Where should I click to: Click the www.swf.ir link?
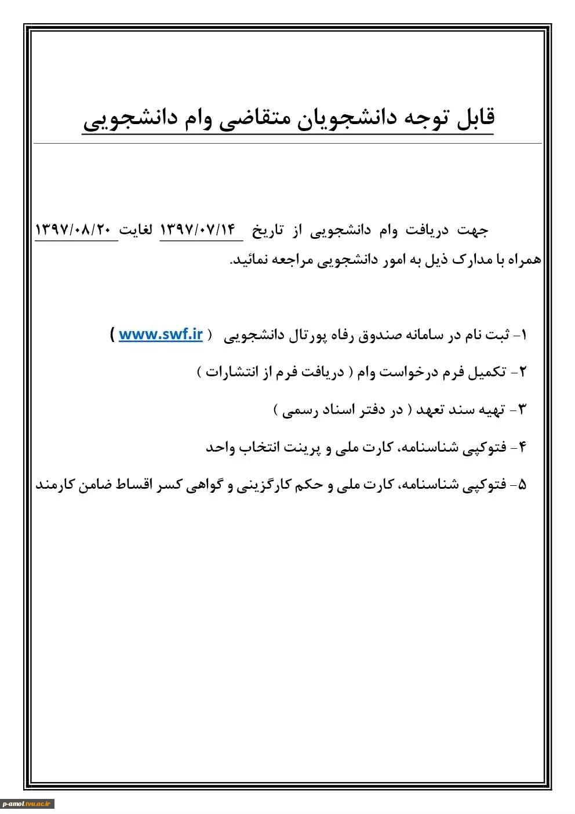click(x=161, y=335)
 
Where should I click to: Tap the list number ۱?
click(x=523, y=335)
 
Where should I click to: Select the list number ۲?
click(x=522, y=372)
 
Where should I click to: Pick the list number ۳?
click(x=521, y=410)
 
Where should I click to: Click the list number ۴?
click(x=522, y=447)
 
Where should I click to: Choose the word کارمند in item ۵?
click(x=56, y=485)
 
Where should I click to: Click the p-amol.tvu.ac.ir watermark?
click(x=27, y=804)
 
